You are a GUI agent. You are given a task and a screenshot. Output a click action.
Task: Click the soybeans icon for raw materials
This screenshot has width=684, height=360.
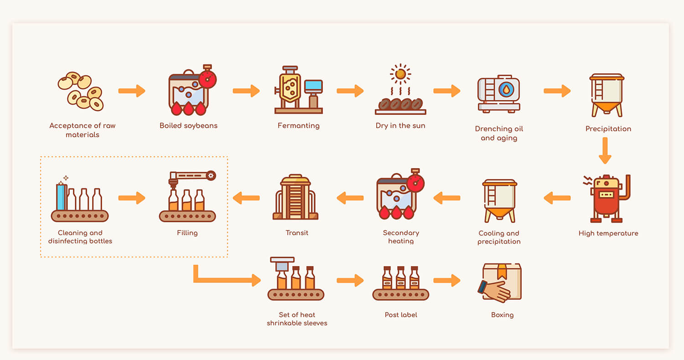(81, 91)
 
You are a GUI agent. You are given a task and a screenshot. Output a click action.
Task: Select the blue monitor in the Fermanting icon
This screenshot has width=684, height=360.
(313, 86)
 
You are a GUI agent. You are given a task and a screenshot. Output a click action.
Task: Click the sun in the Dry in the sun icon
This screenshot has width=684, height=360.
(400, 74)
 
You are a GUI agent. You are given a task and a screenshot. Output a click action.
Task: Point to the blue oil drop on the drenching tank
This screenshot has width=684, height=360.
(506, 89)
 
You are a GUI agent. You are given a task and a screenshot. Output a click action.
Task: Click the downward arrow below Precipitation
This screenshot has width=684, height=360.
(605, 150)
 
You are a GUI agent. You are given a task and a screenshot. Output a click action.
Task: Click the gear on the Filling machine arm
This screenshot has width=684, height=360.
(211, 175)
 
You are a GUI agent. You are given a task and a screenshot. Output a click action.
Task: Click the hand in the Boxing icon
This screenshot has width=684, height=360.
(495, 290)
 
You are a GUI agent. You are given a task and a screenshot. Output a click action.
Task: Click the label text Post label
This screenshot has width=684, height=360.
(401, 315)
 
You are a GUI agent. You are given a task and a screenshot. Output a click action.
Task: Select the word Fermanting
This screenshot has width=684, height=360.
(298, 126)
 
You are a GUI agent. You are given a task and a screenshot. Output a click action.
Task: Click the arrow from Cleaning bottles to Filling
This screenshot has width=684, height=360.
(132, 198)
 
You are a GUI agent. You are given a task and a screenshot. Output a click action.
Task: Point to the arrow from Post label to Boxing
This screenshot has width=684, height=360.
(447, 280)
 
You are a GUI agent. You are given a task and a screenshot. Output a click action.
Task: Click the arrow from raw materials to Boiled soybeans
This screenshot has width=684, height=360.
(132, 91)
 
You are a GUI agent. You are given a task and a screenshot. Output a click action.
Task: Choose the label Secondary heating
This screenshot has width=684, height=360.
(401, 237)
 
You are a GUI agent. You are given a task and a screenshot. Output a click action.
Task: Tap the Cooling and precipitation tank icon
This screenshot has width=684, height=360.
(500, 201)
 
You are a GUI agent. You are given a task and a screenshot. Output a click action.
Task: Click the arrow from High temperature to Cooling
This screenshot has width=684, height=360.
(557, 198)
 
